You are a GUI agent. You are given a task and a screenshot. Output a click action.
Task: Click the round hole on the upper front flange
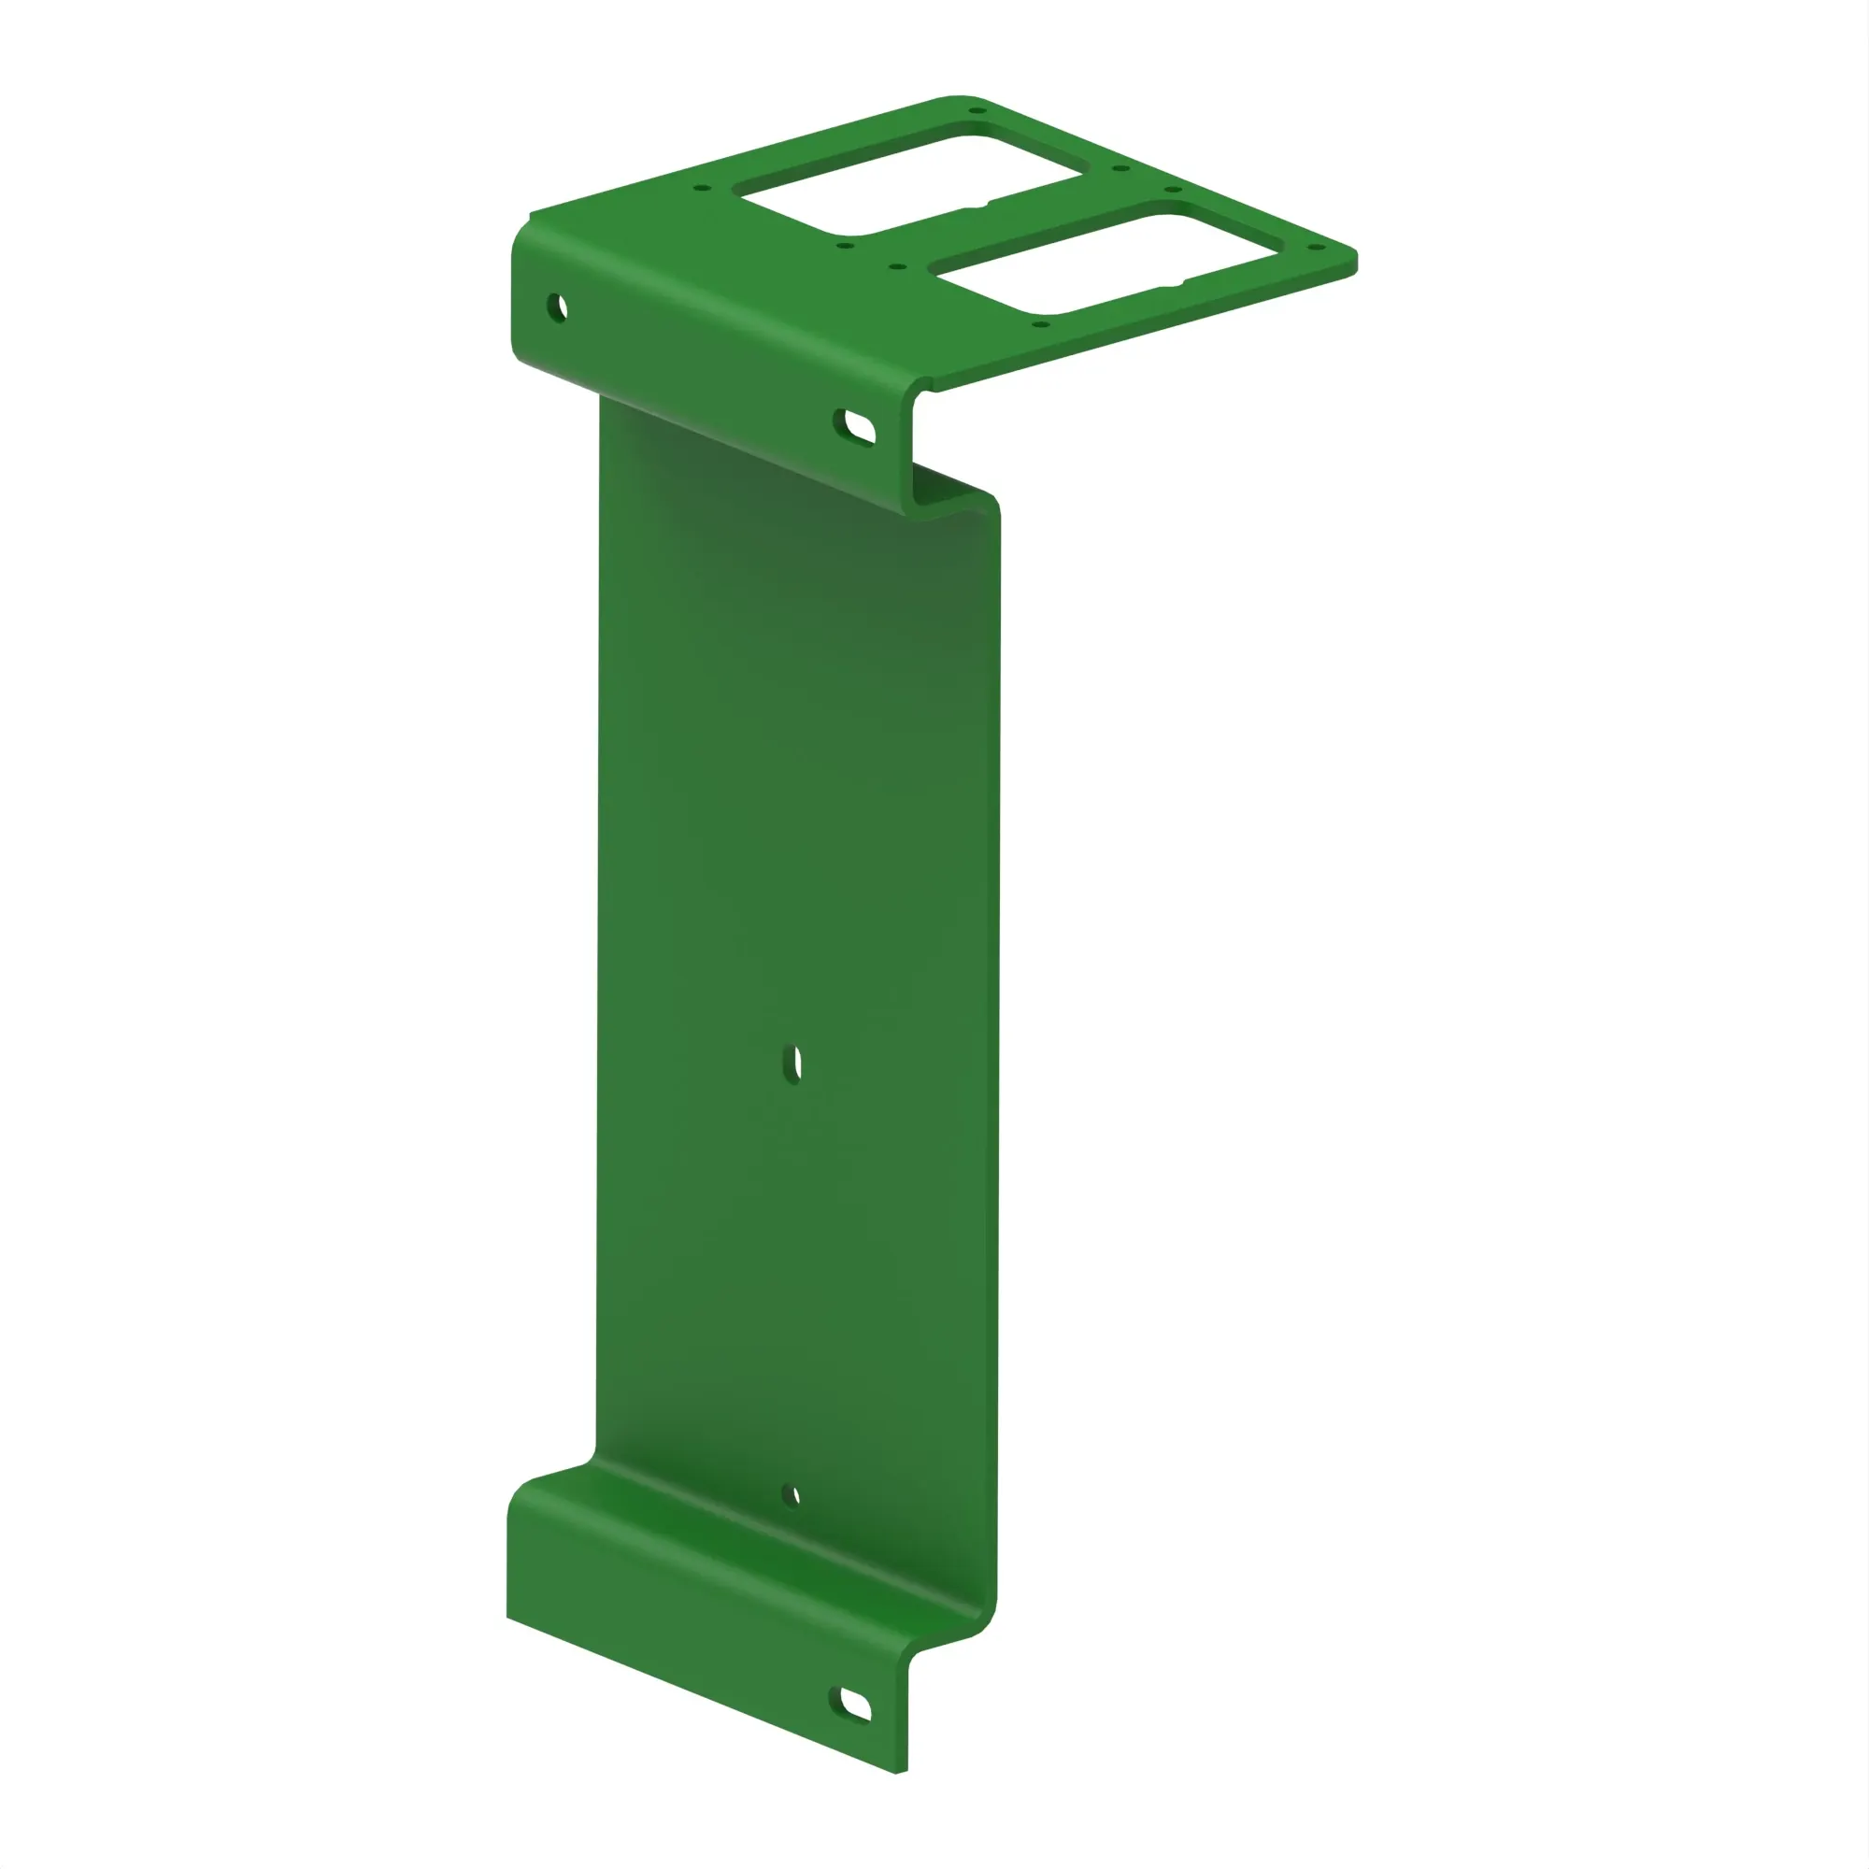(x=557, y=308)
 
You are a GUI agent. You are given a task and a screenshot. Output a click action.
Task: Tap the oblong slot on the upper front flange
(x=856, y=427)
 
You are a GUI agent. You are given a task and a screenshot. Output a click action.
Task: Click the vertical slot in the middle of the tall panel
(x=792, y=1064)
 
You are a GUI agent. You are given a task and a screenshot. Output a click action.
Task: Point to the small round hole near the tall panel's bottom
(x=792, y=1495)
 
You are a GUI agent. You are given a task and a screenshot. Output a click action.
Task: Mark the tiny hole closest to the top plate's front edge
(x=1040, y=324)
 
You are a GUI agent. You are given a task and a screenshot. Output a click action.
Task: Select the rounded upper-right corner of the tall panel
(x=991, y=503)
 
